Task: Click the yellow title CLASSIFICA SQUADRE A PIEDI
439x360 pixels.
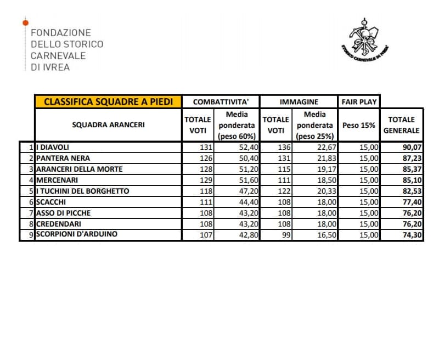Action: pos(108,102)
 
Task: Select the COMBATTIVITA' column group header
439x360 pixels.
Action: pos(221,102)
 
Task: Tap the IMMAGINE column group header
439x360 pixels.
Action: pos(299,102)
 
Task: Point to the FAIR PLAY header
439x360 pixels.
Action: pos(359,102)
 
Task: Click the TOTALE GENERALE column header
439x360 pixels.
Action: pos(401,125)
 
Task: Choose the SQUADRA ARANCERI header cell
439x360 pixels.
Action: pos(108,125)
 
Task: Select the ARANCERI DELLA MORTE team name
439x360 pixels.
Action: pos(79,169)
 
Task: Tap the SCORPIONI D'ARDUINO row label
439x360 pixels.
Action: pos(76,234)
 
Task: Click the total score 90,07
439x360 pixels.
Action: pos(409,147)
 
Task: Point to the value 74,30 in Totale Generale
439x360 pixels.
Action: pos(409,234)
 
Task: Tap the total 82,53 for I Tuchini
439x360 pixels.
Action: pos(409,191)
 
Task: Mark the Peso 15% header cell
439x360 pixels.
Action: pos(359,125)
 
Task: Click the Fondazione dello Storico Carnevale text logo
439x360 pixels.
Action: pos(66,50)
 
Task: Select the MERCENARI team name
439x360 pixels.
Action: pos(57,180)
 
